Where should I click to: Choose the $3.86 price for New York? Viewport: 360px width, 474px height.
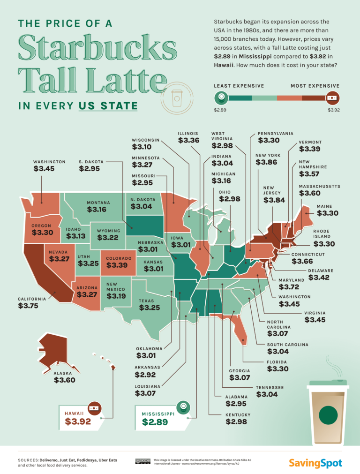click(x=266, y=163)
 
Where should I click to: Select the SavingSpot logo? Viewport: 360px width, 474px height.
click(x=315, y=463)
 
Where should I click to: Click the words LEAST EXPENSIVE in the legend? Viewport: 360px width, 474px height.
click(x=239, y=86)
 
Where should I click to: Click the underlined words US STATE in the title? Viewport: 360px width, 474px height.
click(x=108, y=106)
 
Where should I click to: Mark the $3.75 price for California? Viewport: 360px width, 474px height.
click(x=28, y=306)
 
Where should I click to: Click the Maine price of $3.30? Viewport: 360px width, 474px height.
click(x=327, y=213)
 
